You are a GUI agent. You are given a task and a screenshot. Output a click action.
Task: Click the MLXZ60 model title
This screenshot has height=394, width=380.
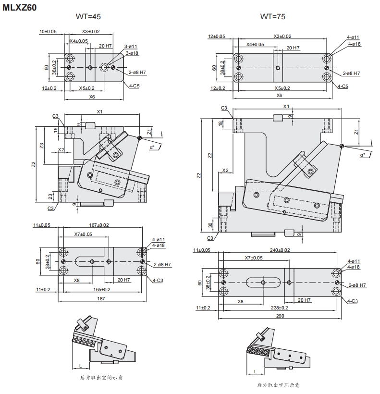tap(19, 8)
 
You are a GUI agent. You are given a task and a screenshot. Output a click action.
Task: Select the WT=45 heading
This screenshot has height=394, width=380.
tap(88, 17)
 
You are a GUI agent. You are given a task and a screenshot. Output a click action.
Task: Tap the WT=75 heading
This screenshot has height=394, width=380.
tap(272, 17)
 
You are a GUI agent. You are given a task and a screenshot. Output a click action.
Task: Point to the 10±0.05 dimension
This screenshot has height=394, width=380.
tap(48, 32)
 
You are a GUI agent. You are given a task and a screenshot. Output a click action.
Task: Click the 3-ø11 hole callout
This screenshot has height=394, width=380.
tap(131, 46)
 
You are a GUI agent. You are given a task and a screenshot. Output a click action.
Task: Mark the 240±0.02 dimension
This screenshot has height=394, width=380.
tap(280, 250)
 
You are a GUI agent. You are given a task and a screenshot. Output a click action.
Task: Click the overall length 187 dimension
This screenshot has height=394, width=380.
tap(100, 299)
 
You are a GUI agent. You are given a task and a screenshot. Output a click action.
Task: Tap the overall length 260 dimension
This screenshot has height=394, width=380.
tap(281, 316)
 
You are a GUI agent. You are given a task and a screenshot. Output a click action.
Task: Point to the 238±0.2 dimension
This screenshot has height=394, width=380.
tap(280, 307)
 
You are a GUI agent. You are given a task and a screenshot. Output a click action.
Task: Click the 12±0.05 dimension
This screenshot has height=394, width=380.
tap(219, 36)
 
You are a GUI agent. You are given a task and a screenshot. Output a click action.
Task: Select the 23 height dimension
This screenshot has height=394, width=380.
tap(50, 196)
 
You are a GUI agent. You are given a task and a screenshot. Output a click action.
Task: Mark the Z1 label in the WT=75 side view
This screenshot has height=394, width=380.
tap(356, 131)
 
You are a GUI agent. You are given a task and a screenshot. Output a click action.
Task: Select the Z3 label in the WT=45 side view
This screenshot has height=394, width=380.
tap(42, 145)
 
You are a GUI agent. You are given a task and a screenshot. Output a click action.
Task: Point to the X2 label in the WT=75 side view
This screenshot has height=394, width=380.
tap(225, 170)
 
